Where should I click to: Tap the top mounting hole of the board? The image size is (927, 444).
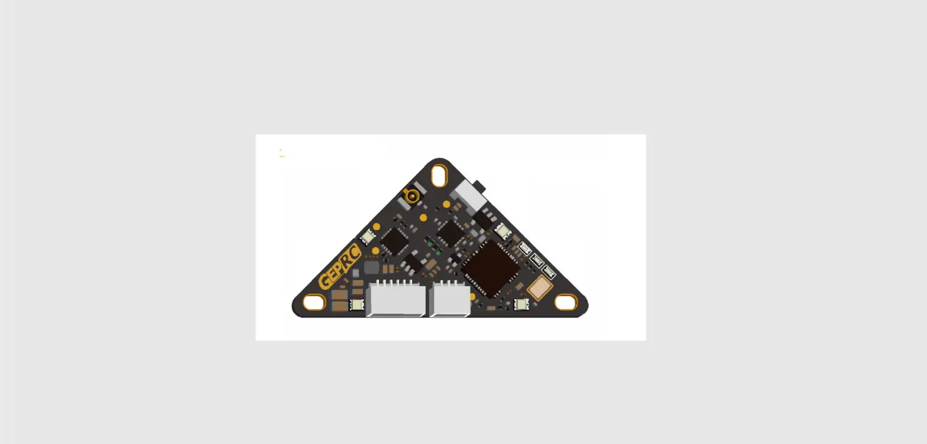click(x=439, y=176)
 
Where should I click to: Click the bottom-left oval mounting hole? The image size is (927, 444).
click(x=313, y=303)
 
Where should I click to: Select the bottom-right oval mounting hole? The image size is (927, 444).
click(x=566, y=303)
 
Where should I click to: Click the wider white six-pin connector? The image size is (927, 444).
click(x=396, y=299)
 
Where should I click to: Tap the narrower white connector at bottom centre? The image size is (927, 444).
click(x=450, y=299)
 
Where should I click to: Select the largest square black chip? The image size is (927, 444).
click(x=490, y=268)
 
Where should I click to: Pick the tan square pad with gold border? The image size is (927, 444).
click(x=539, y=289)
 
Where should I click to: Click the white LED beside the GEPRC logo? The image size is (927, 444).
click(x=367, y=236)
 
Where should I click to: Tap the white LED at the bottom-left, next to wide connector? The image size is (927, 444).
click(x=356, y=305)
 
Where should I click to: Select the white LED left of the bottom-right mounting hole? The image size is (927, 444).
click(x=521, y=304)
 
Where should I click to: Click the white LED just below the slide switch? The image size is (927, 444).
click(x=503, y=231)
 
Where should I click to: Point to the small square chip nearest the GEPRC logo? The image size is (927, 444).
click(x=394, y=241)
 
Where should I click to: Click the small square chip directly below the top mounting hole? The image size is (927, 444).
click(x=450, y=233)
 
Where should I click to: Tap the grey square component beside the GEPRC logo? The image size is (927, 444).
click(x=371, y=268)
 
